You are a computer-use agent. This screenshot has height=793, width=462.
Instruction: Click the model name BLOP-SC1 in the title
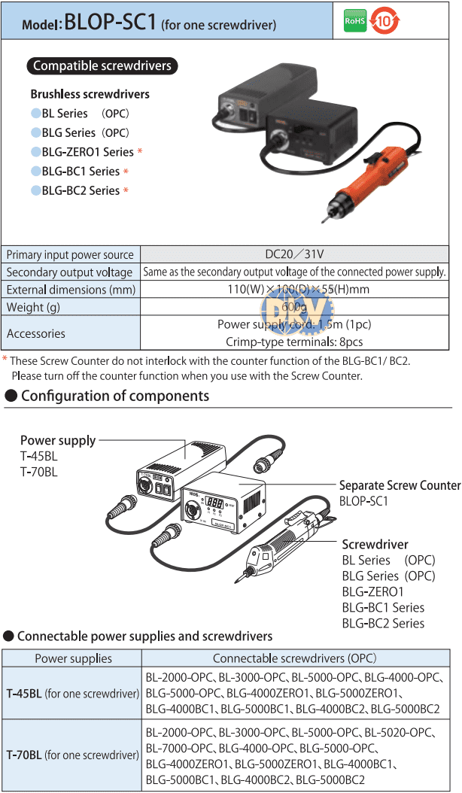(110, 22)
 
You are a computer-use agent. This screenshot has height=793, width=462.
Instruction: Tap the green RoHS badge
(354, 21)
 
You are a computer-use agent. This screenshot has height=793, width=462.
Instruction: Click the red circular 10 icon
(384, 21)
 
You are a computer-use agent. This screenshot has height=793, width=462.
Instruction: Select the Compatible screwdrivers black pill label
(102, 66)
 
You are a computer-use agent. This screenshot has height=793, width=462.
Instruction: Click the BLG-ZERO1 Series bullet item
(87, 152)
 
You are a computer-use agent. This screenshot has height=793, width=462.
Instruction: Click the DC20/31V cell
(294, 254)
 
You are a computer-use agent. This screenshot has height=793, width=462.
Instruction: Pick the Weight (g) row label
(33, 307)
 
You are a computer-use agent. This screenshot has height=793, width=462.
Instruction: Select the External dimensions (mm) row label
(71, 290)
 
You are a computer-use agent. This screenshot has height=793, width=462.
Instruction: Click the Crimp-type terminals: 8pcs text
(294, 342)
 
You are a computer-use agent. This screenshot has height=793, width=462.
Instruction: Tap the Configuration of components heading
(115, 396)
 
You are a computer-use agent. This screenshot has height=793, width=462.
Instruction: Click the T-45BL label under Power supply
(39, 456)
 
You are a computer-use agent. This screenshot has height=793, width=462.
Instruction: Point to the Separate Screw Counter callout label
(400, 485)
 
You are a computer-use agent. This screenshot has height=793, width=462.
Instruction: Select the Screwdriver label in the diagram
(375, 544)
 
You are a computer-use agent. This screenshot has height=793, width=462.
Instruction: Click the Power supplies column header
(73, 658)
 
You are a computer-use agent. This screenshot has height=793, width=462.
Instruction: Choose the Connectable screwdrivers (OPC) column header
(294, 658)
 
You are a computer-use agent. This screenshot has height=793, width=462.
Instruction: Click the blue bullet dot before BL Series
(35, 113)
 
